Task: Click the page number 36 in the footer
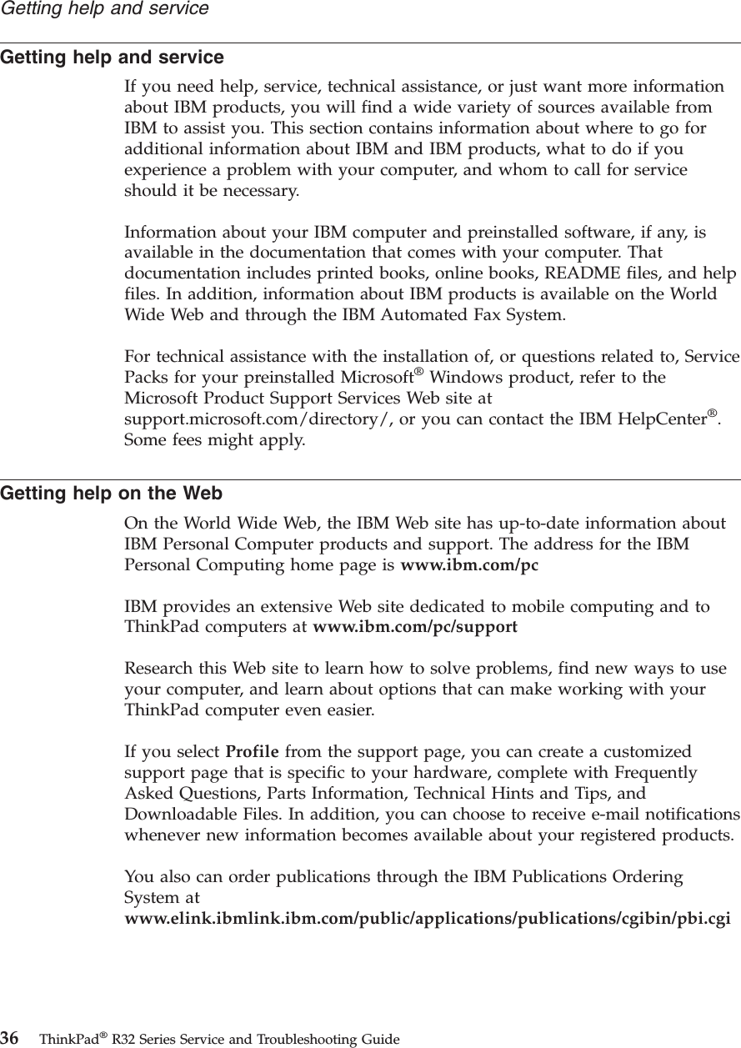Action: pos(11,1038)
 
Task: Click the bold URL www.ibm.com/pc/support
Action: pos(414,627)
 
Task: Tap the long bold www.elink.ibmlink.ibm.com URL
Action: pos(428,919)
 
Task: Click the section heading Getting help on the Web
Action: pos(112,494)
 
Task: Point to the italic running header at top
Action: pos(104,9)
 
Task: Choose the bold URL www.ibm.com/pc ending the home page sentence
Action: pos(470,565)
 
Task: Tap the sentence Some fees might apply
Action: pos(214,439)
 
